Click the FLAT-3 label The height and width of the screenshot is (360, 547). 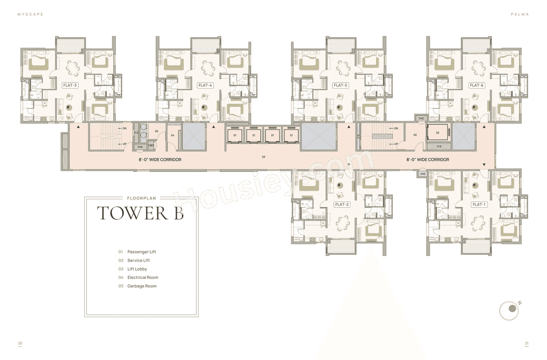coord(70,86)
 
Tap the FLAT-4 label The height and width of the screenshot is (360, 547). coord(205,86)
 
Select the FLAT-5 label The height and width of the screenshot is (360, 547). coord(341,86)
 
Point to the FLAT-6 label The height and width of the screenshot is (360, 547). coord(476,86)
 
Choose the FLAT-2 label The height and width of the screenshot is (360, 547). coord(342,205)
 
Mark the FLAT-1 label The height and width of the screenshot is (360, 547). coord(479,205)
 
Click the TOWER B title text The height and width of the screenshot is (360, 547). coord(140,213)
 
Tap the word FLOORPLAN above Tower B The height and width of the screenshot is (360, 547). coord(141,198)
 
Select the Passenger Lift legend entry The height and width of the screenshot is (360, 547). coord(141,252)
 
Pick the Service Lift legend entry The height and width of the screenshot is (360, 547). coord(138,260)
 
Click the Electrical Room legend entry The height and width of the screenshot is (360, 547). coord(142,277)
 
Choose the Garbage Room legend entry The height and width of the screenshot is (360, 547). coord(141,286)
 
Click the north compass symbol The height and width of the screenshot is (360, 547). coord(509,311)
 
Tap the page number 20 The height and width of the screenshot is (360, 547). coord(20,343)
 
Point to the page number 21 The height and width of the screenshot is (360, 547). coord(526,343)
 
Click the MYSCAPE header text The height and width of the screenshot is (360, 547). coord(30,14)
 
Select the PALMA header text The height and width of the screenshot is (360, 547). coord(520,14)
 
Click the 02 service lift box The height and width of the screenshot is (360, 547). coord(438,133)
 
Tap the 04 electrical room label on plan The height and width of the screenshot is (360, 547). coord(173,135)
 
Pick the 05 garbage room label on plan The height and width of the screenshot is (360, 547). coord(156,131)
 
